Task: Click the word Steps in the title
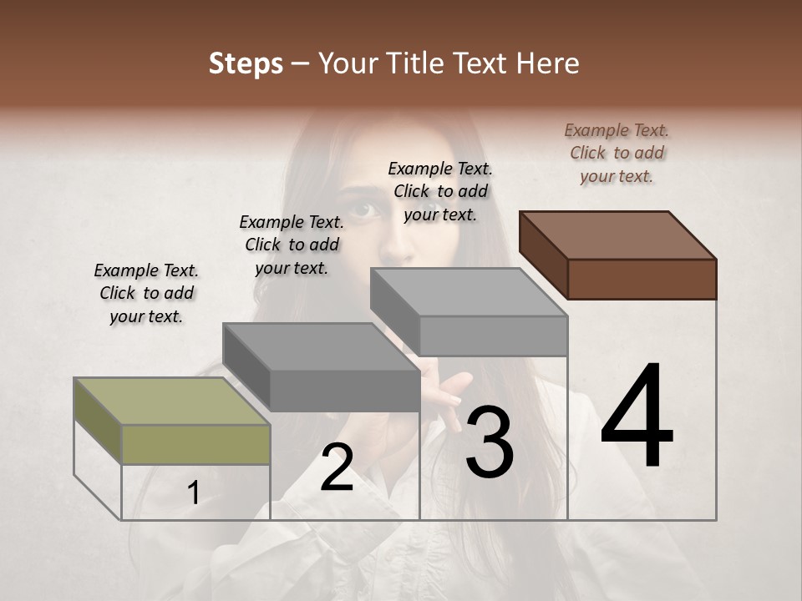click(x=246, y=64)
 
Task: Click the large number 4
click(x=637, y=417)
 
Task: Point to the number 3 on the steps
click(x=490, y=442)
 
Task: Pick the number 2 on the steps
click(x=337, y=467)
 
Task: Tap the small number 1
click(x=194, y=493)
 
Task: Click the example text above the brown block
click(x=617, y=153)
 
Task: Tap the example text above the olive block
click(x=146, y=293)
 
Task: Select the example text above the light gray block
click(x=440, y=191)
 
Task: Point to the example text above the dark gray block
click(x=292, y=245)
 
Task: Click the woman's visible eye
click(x=360, y=209)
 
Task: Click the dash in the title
click(x=301, y=64)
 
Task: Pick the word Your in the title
click(x=347, y=64)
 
